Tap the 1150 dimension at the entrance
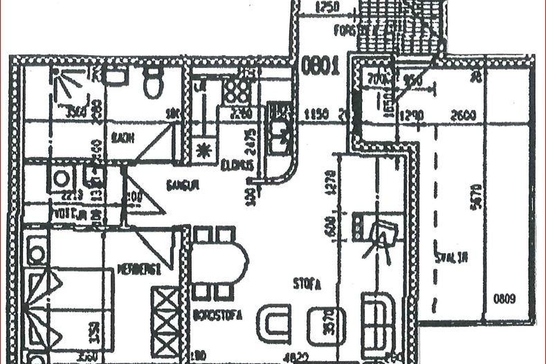pos(316,115)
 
